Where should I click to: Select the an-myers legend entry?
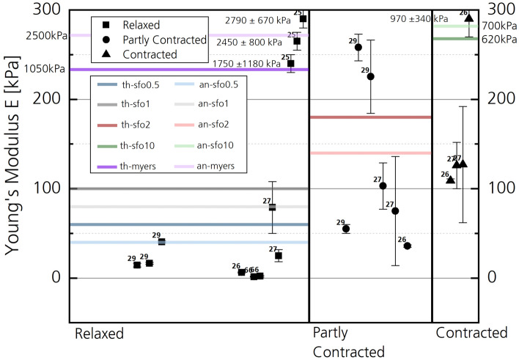click(x=216, y=167)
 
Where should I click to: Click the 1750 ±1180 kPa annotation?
click(x=245, y=64)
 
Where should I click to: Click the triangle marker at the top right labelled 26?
click(x=469, y=18)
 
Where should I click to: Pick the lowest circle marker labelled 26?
click(x=408, y=246)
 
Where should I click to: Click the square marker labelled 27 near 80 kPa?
click(x=272, y=207)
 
